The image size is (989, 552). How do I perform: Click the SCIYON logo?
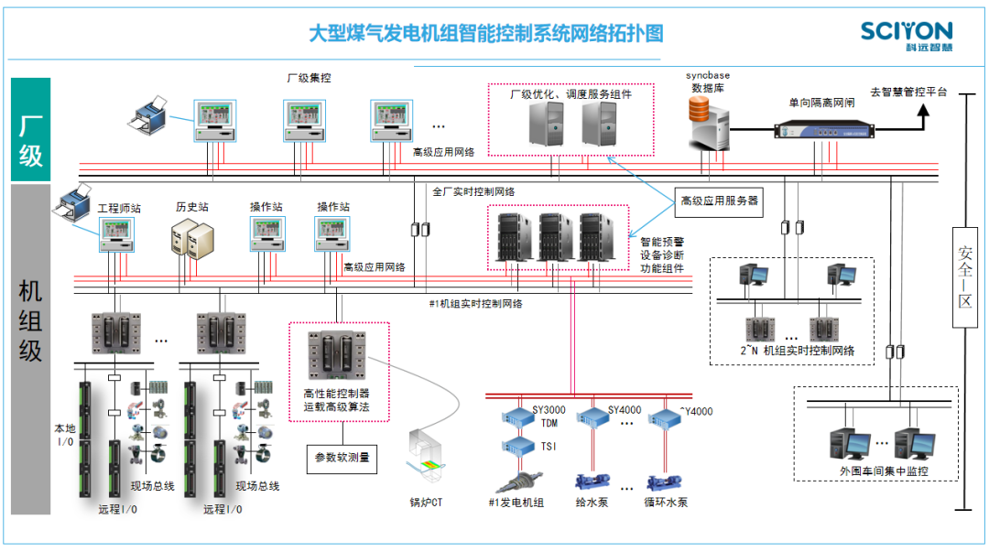906,36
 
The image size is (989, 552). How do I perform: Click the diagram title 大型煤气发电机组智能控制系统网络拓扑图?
485,35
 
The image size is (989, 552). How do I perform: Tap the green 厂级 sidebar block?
30,129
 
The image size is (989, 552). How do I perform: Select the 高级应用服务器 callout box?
719,200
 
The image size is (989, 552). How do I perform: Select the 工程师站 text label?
119,208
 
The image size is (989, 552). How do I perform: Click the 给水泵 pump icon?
591,481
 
